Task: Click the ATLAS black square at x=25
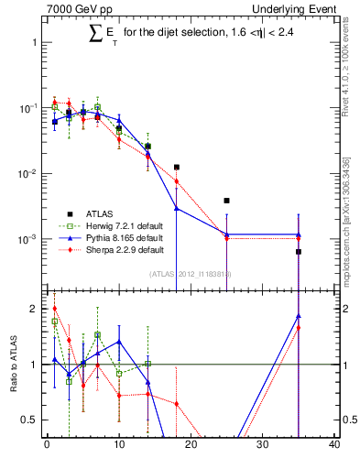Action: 226,201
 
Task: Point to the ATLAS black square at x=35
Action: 299,252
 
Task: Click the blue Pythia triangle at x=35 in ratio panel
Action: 299,317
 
